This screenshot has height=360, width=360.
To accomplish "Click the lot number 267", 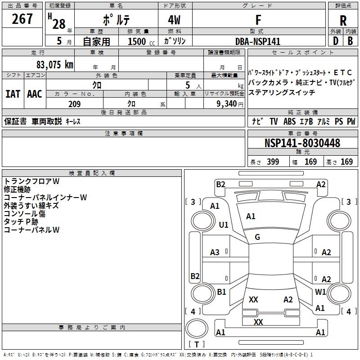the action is click(x=22, y=19).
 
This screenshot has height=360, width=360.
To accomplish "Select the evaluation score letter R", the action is click(x=343, y=21).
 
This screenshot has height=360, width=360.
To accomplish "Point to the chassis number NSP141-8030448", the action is click(x=302, y=143).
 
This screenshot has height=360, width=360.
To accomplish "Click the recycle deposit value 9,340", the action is click(x=229, y=104).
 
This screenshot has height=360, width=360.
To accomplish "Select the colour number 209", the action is click(x=74, y=104).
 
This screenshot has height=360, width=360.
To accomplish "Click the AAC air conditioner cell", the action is click(x=35, y=94).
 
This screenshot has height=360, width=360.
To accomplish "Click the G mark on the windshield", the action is click(x=257, y=237).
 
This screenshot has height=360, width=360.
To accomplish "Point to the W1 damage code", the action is click(x=320, y=292).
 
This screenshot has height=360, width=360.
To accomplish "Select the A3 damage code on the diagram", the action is click(x=215, y=252).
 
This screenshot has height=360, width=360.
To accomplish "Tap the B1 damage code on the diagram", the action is click(x=221, y=292).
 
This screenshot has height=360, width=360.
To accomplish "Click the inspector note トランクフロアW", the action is click(x=32, y=181).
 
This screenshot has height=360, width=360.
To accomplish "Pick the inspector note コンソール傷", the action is click(x=25, y=214).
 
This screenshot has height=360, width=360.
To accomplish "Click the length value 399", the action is click(x=272, y=162).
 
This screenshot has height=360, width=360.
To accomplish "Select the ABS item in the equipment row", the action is click(x=289, y=121).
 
